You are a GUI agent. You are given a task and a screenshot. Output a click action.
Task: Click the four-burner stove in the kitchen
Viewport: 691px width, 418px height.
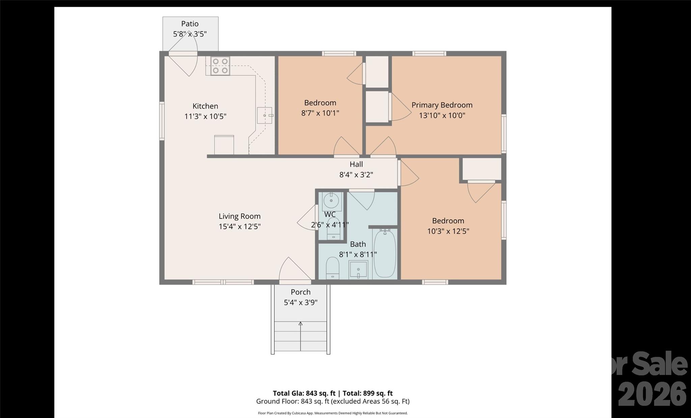point(220,65)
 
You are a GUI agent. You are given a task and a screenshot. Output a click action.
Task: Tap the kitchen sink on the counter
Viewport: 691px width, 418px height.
point(265,115)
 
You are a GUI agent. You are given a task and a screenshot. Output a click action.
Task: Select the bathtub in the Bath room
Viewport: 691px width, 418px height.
point(385,253)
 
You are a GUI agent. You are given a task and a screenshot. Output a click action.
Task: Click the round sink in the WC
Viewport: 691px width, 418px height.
point(331,201)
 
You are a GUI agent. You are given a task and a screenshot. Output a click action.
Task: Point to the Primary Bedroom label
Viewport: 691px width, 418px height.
point(442,105)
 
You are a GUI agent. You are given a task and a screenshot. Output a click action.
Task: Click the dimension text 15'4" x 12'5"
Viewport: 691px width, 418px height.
point(240,226)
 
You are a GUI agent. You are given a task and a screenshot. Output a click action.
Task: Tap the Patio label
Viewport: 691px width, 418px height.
point(190,24)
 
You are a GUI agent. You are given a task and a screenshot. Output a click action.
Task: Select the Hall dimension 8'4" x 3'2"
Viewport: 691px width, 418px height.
point(356,175)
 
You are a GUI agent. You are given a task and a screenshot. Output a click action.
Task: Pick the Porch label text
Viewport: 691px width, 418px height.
point(300,292)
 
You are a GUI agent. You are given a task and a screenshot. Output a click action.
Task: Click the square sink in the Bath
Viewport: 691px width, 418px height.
point(358,270)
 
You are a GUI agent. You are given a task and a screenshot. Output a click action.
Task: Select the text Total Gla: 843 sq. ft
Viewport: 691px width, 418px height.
point(304,393)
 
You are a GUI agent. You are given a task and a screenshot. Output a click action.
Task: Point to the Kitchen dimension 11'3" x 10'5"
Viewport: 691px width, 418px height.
point(205,116)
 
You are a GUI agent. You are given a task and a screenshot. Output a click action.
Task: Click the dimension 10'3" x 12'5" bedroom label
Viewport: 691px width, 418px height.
point(448,231)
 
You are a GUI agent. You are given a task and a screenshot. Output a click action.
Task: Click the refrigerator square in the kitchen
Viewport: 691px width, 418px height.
point(224,145)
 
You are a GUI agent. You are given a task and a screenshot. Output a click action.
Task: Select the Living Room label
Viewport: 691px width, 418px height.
point(240,216)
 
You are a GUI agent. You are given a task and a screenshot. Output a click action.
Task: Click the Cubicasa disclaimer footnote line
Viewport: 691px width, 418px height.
point(333,413)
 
